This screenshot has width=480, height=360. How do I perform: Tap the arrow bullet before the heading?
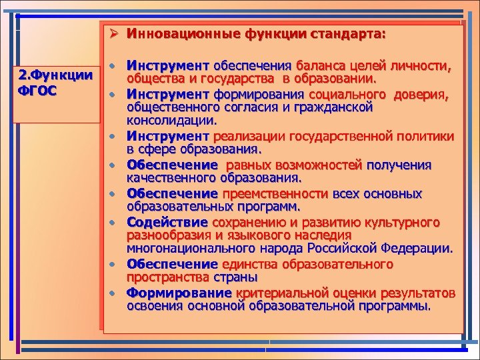(114, 33)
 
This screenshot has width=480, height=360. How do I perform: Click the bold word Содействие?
(168, 222)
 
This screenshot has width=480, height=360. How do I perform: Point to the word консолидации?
(171, 121)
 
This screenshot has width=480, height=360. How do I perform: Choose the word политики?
(423, 136)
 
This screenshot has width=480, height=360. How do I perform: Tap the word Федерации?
(421, 249)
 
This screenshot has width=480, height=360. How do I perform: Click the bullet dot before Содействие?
(114, 222)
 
